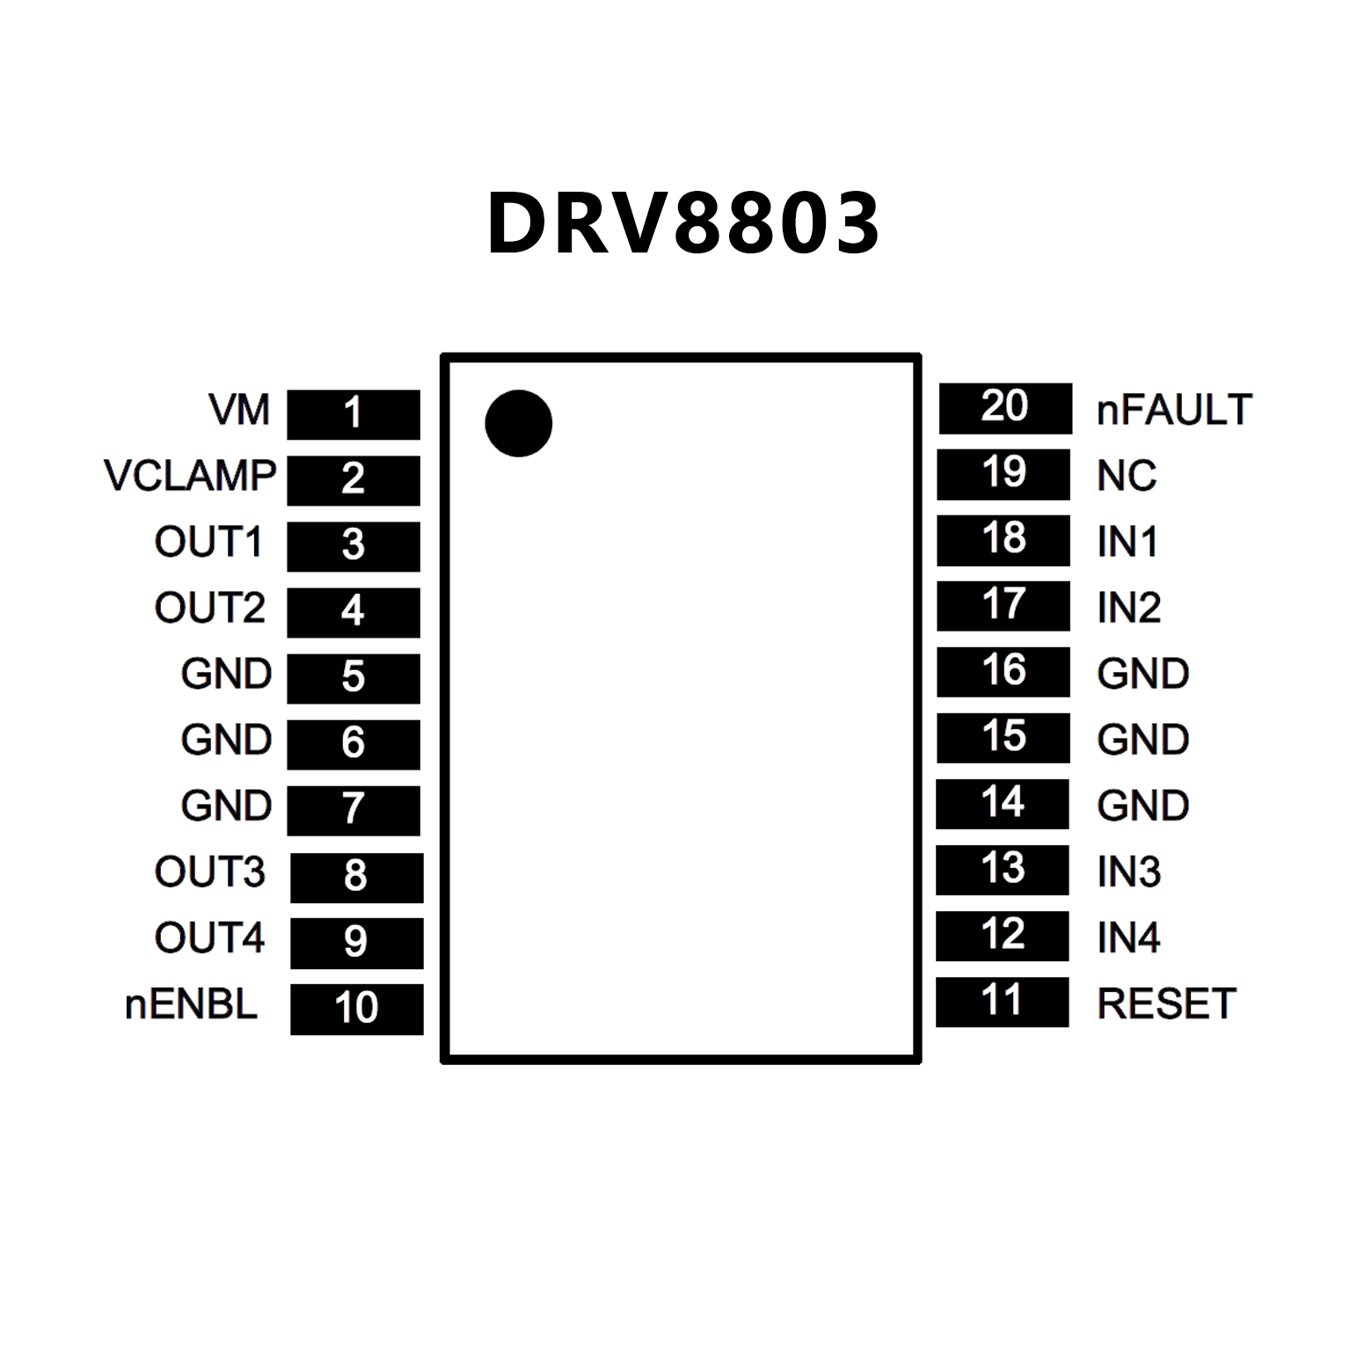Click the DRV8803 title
click(x=682, y=223)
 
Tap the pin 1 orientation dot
click(x=518, y=423)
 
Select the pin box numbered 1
click(x=354, y=413)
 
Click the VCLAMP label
click(x=190, y=476)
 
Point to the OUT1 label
click(x=208, y=542)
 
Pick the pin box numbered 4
click(x=354, y=611)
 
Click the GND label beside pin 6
click(x=226, y=740)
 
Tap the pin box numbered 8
click(x=356, y=876)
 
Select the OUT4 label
click(x=209, y=938)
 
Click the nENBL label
click(x=191, y=1004)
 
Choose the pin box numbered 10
click(x=356, y=1008)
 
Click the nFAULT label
click(x=1174, y=410)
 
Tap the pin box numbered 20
click(x=1005, y=408)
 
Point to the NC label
click(x=1127, y=476)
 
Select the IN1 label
click(x=1127, y=542)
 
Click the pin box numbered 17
click(x=1003, y=605)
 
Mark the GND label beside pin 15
click(x=1142, y=740)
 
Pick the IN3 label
click(x=1128, y=872)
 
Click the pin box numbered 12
click(x=1003, y=935)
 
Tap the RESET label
click(x=1166, y=1003)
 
